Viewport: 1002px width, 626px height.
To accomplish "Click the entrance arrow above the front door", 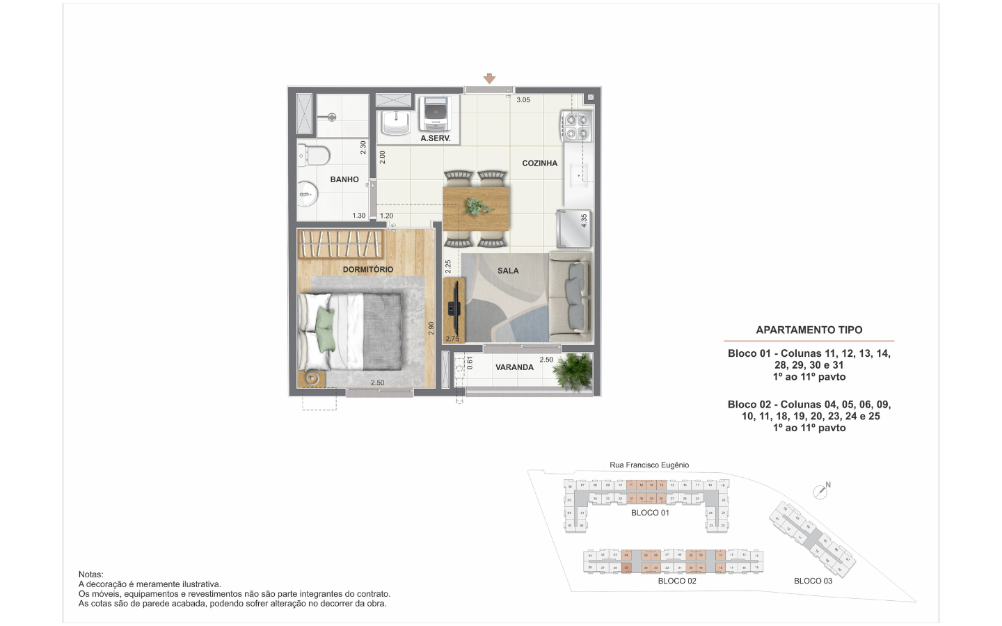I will [x=489, y=79].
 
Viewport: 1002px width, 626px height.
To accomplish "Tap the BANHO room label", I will [x=344, y=179].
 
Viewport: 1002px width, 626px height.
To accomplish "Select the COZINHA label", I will [x=540, y=163].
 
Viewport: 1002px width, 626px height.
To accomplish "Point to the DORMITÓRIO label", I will [x=368, y=269].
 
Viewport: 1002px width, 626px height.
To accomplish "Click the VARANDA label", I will [x=514, y=367].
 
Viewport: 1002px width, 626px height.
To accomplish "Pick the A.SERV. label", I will [x=436, y=138].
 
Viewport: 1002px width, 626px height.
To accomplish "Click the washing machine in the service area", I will [x=436, y=113].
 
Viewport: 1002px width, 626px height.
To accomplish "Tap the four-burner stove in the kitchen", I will [x=577, y=125].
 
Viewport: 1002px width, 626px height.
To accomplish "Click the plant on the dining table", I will [x=477, y=206].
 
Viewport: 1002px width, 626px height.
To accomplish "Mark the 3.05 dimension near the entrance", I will [x=523, y=100].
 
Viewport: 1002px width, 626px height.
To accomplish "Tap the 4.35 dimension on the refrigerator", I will [x=584, y=220].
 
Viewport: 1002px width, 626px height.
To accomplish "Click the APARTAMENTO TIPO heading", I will [x=809, y=330].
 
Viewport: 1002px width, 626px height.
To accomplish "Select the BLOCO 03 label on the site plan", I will [x=813, y=581].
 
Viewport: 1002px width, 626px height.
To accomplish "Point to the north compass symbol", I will [x=821, y=491].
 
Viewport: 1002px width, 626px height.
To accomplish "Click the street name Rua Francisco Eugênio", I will [x=649, y=465].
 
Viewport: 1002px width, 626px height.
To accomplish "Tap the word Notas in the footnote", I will [x=91, y=575].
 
